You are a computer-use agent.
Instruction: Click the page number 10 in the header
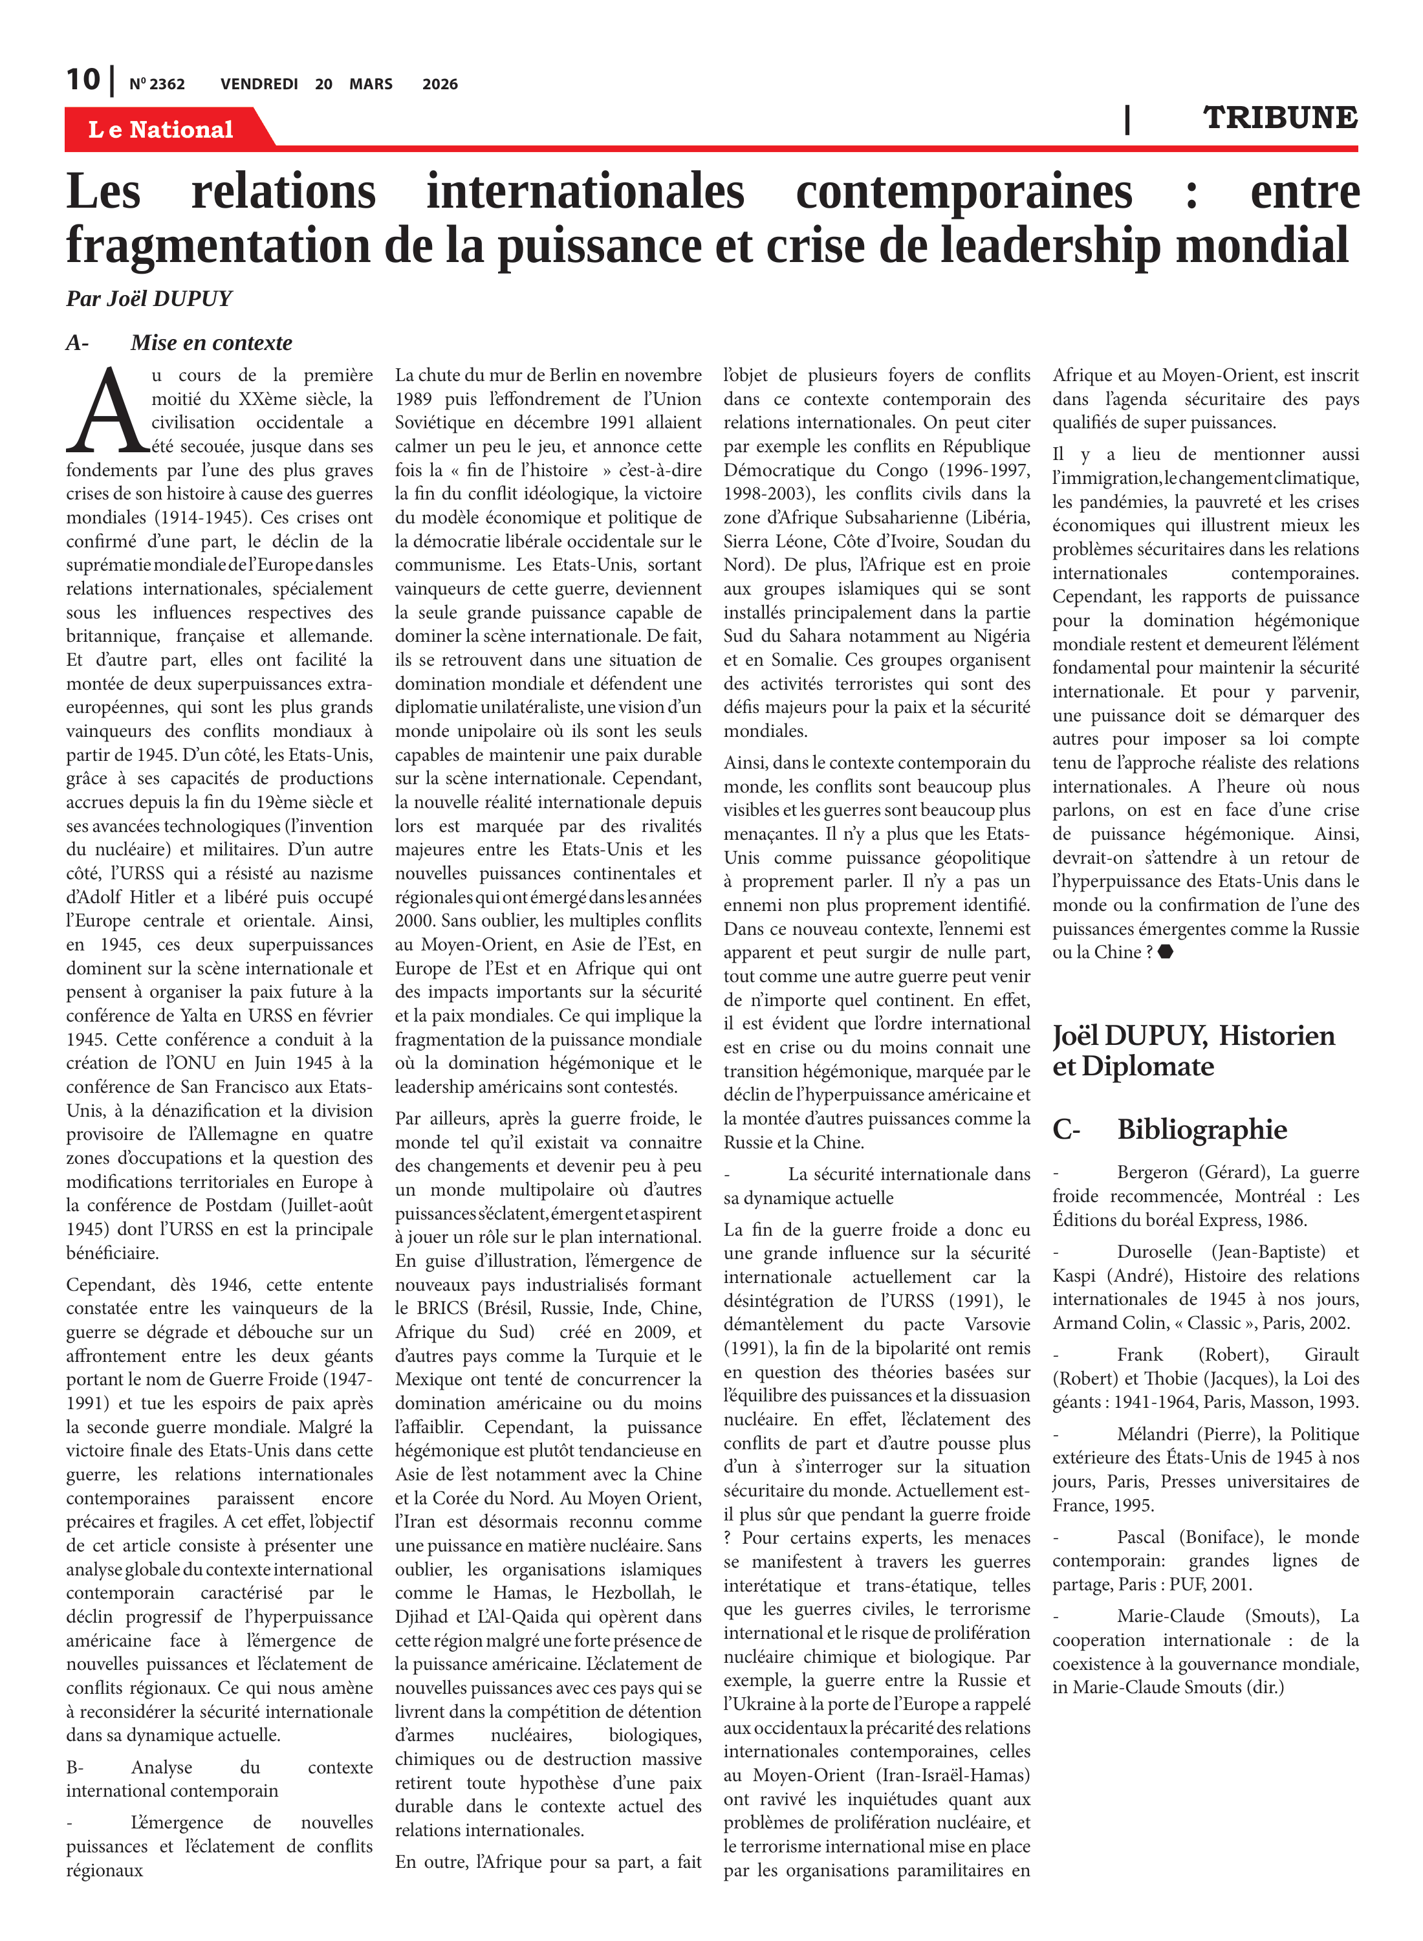(83, 80)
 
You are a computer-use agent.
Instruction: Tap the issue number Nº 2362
(157, 84)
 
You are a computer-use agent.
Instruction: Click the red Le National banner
(161, 129)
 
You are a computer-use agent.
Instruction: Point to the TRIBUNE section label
(1279, 117)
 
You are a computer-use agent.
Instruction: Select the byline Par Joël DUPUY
(149, 298)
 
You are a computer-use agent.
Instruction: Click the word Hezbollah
(628, 1593)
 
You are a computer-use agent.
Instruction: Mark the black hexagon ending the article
(1166, 952)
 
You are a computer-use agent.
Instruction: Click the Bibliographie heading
(1202, 1130)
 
